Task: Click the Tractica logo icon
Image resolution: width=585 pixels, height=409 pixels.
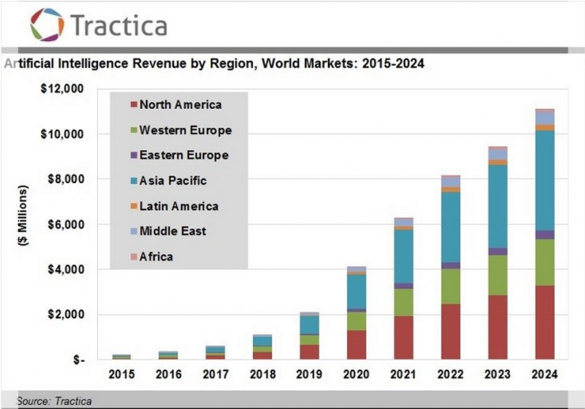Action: click(x=47, y=24)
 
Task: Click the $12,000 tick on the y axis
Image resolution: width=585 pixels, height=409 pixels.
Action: click(x=61, y=88)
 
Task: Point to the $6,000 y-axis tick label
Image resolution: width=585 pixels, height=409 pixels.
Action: click(x=63, y=224)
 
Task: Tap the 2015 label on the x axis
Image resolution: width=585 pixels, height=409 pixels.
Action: click(x=122, y=374)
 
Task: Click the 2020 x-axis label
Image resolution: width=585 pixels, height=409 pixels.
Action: click(x=356, y=374)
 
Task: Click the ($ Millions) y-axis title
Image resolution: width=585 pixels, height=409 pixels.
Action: click(x=24, y=223)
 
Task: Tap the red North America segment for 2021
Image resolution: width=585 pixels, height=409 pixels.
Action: click(x=403, y=338)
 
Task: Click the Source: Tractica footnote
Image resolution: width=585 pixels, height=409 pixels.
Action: click(x=54, y=402)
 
